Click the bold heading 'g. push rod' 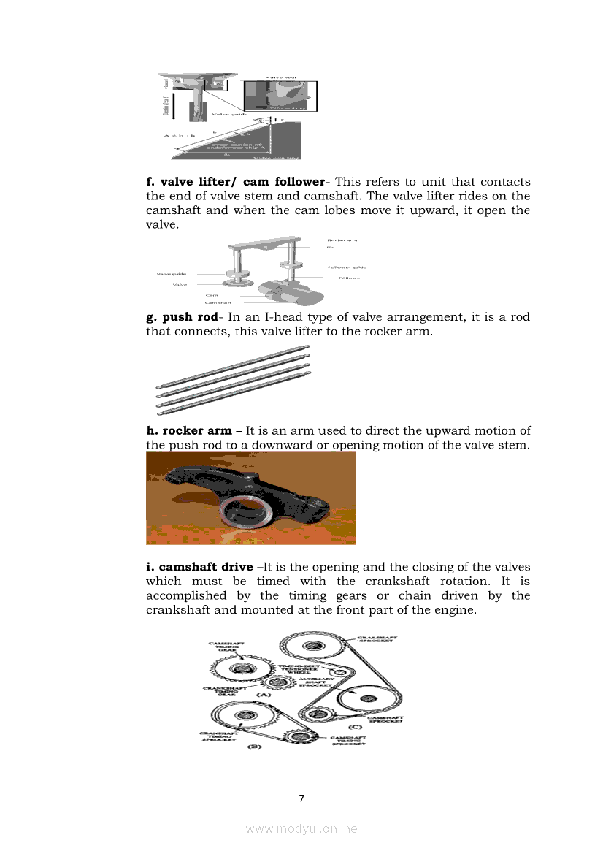point(183,317)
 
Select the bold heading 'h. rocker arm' point(189,430)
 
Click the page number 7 point(301,796)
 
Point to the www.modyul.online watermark point(301,828)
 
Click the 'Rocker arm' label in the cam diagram point(342,240)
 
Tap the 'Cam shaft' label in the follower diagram point(218,302)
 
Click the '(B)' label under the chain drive point(253,747)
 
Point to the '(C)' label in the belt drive point(355,728)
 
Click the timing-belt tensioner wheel point(338,672)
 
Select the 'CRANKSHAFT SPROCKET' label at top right point(377,638)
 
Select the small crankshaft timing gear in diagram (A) point(275,683)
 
